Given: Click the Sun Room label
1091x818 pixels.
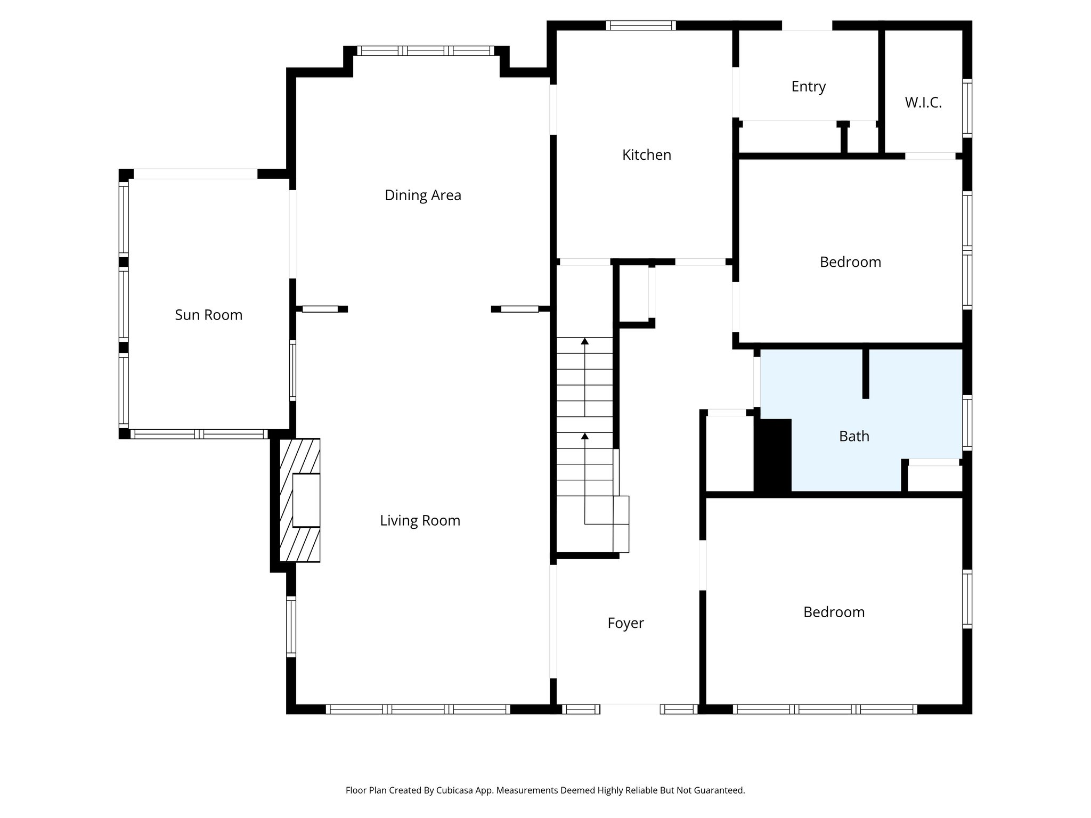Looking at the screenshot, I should point(209,315).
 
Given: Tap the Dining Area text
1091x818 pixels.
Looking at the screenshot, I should point(423,195).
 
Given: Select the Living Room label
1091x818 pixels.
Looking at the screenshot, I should point(420,520).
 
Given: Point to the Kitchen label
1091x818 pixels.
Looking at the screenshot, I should point(647,155).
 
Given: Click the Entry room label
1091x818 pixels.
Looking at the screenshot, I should point(808,86).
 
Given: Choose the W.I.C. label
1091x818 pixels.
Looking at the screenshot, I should point(923,103).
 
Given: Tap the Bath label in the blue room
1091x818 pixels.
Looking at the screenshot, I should point(854,436).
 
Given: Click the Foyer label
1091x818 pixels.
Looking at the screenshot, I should point(625,623).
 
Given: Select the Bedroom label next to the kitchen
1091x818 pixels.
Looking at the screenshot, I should point(850,262).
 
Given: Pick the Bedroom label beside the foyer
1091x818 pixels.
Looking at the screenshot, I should point(834,612).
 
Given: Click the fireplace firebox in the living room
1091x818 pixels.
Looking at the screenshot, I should point(306,500).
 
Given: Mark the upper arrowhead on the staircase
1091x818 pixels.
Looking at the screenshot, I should point(585,341).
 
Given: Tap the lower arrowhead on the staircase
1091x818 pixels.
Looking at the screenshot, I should point(585,436).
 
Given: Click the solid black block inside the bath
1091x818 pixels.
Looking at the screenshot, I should point(773,455).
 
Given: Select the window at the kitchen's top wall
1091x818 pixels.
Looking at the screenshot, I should point(641,25).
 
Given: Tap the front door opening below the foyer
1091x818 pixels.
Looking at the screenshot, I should point(630,709).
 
